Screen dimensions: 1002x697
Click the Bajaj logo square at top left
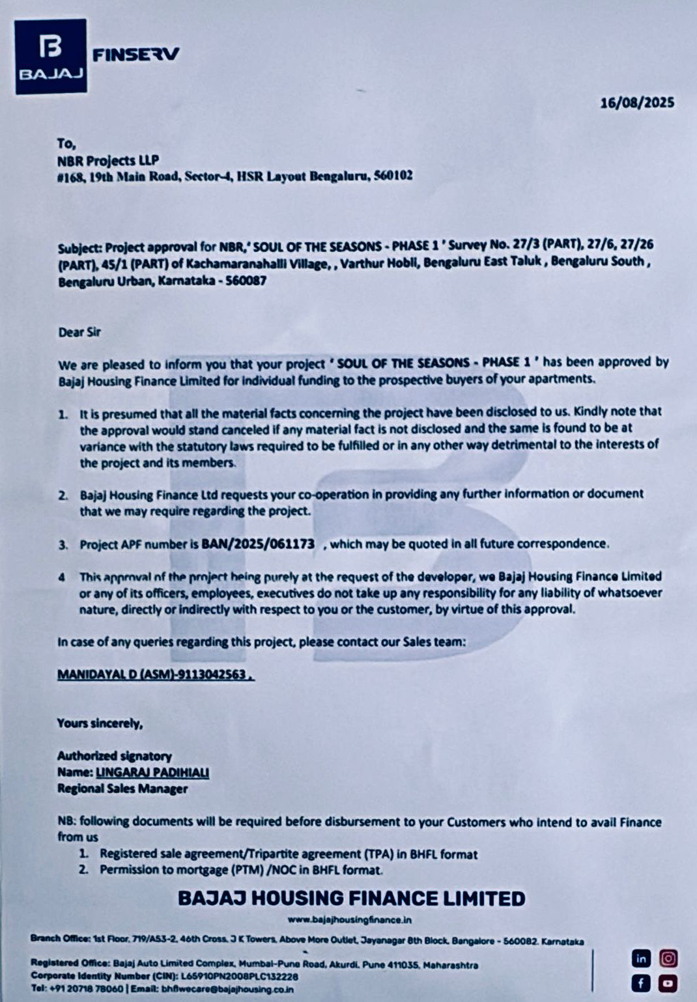point(51,57)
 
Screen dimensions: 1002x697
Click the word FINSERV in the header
point(135,55)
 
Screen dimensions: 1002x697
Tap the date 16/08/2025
point(637,103)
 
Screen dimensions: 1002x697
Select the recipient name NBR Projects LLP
point(108,160)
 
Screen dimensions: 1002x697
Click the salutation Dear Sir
point(79,332)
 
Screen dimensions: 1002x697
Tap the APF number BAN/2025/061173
point(258,544)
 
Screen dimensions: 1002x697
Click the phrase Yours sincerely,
point(100,723)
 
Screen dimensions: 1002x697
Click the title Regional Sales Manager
point(122,789)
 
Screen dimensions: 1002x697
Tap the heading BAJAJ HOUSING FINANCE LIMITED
point(351,898)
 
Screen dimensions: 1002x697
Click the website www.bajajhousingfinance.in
point(350,920)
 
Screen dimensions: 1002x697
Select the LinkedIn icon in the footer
point(642,958)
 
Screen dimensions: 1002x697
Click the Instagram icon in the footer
point(668,958)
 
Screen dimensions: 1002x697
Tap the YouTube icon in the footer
point(668,982)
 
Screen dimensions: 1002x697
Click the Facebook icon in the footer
point(642,982)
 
